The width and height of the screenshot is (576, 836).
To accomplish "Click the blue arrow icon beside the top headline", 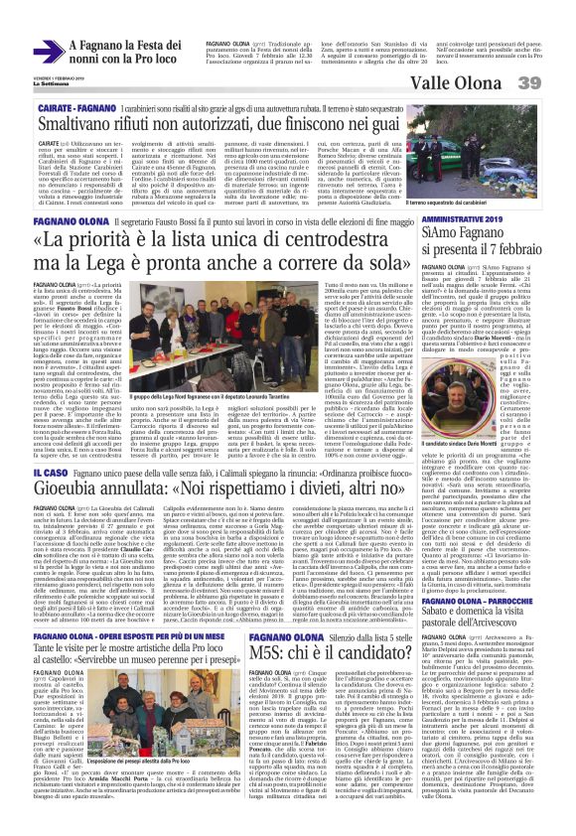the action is (50, 50).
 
